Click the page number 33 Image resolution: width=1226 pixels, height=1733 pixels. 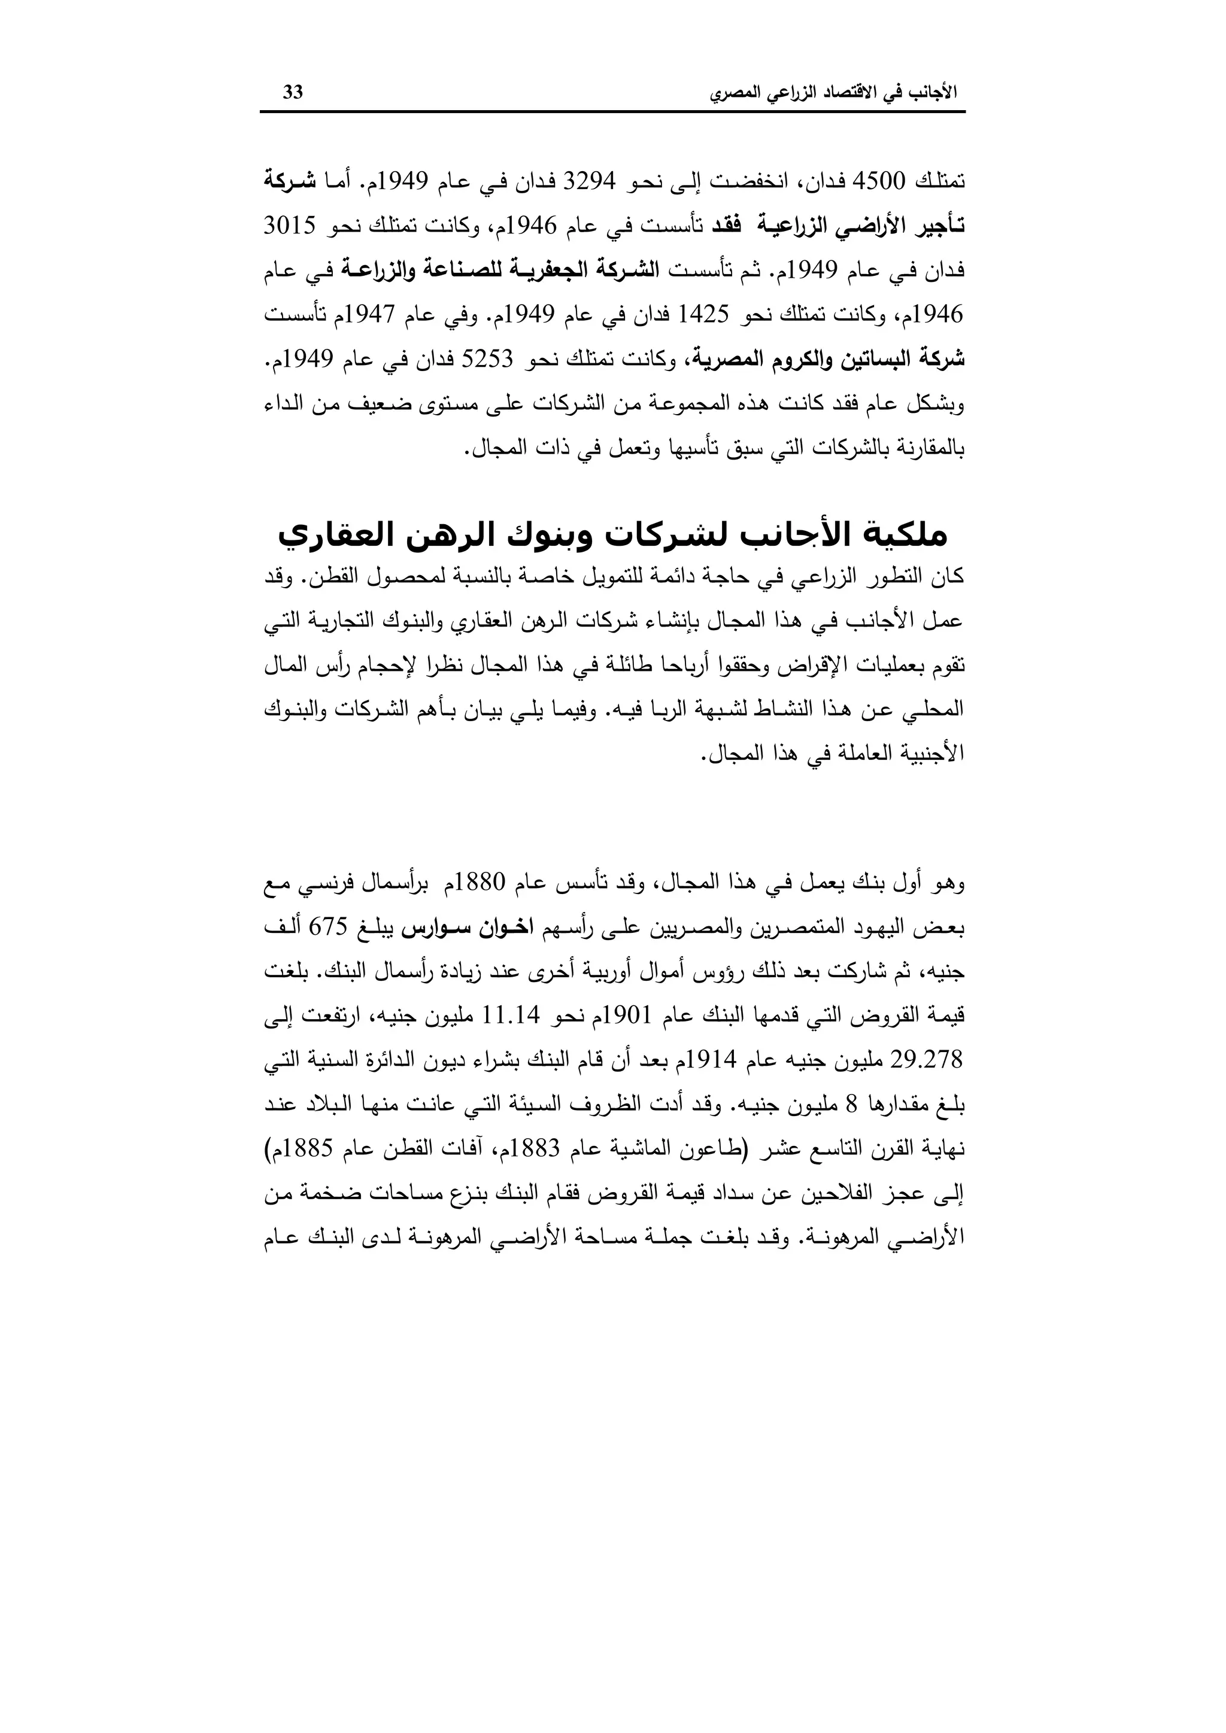click(x=293, y=92)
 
